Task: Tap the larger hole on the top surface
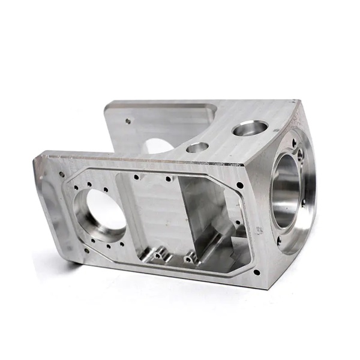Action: pyautogui.click(x=250, y=127)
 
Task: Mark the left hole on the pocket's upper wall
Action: pyautogui.click(x=137, y=177)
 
